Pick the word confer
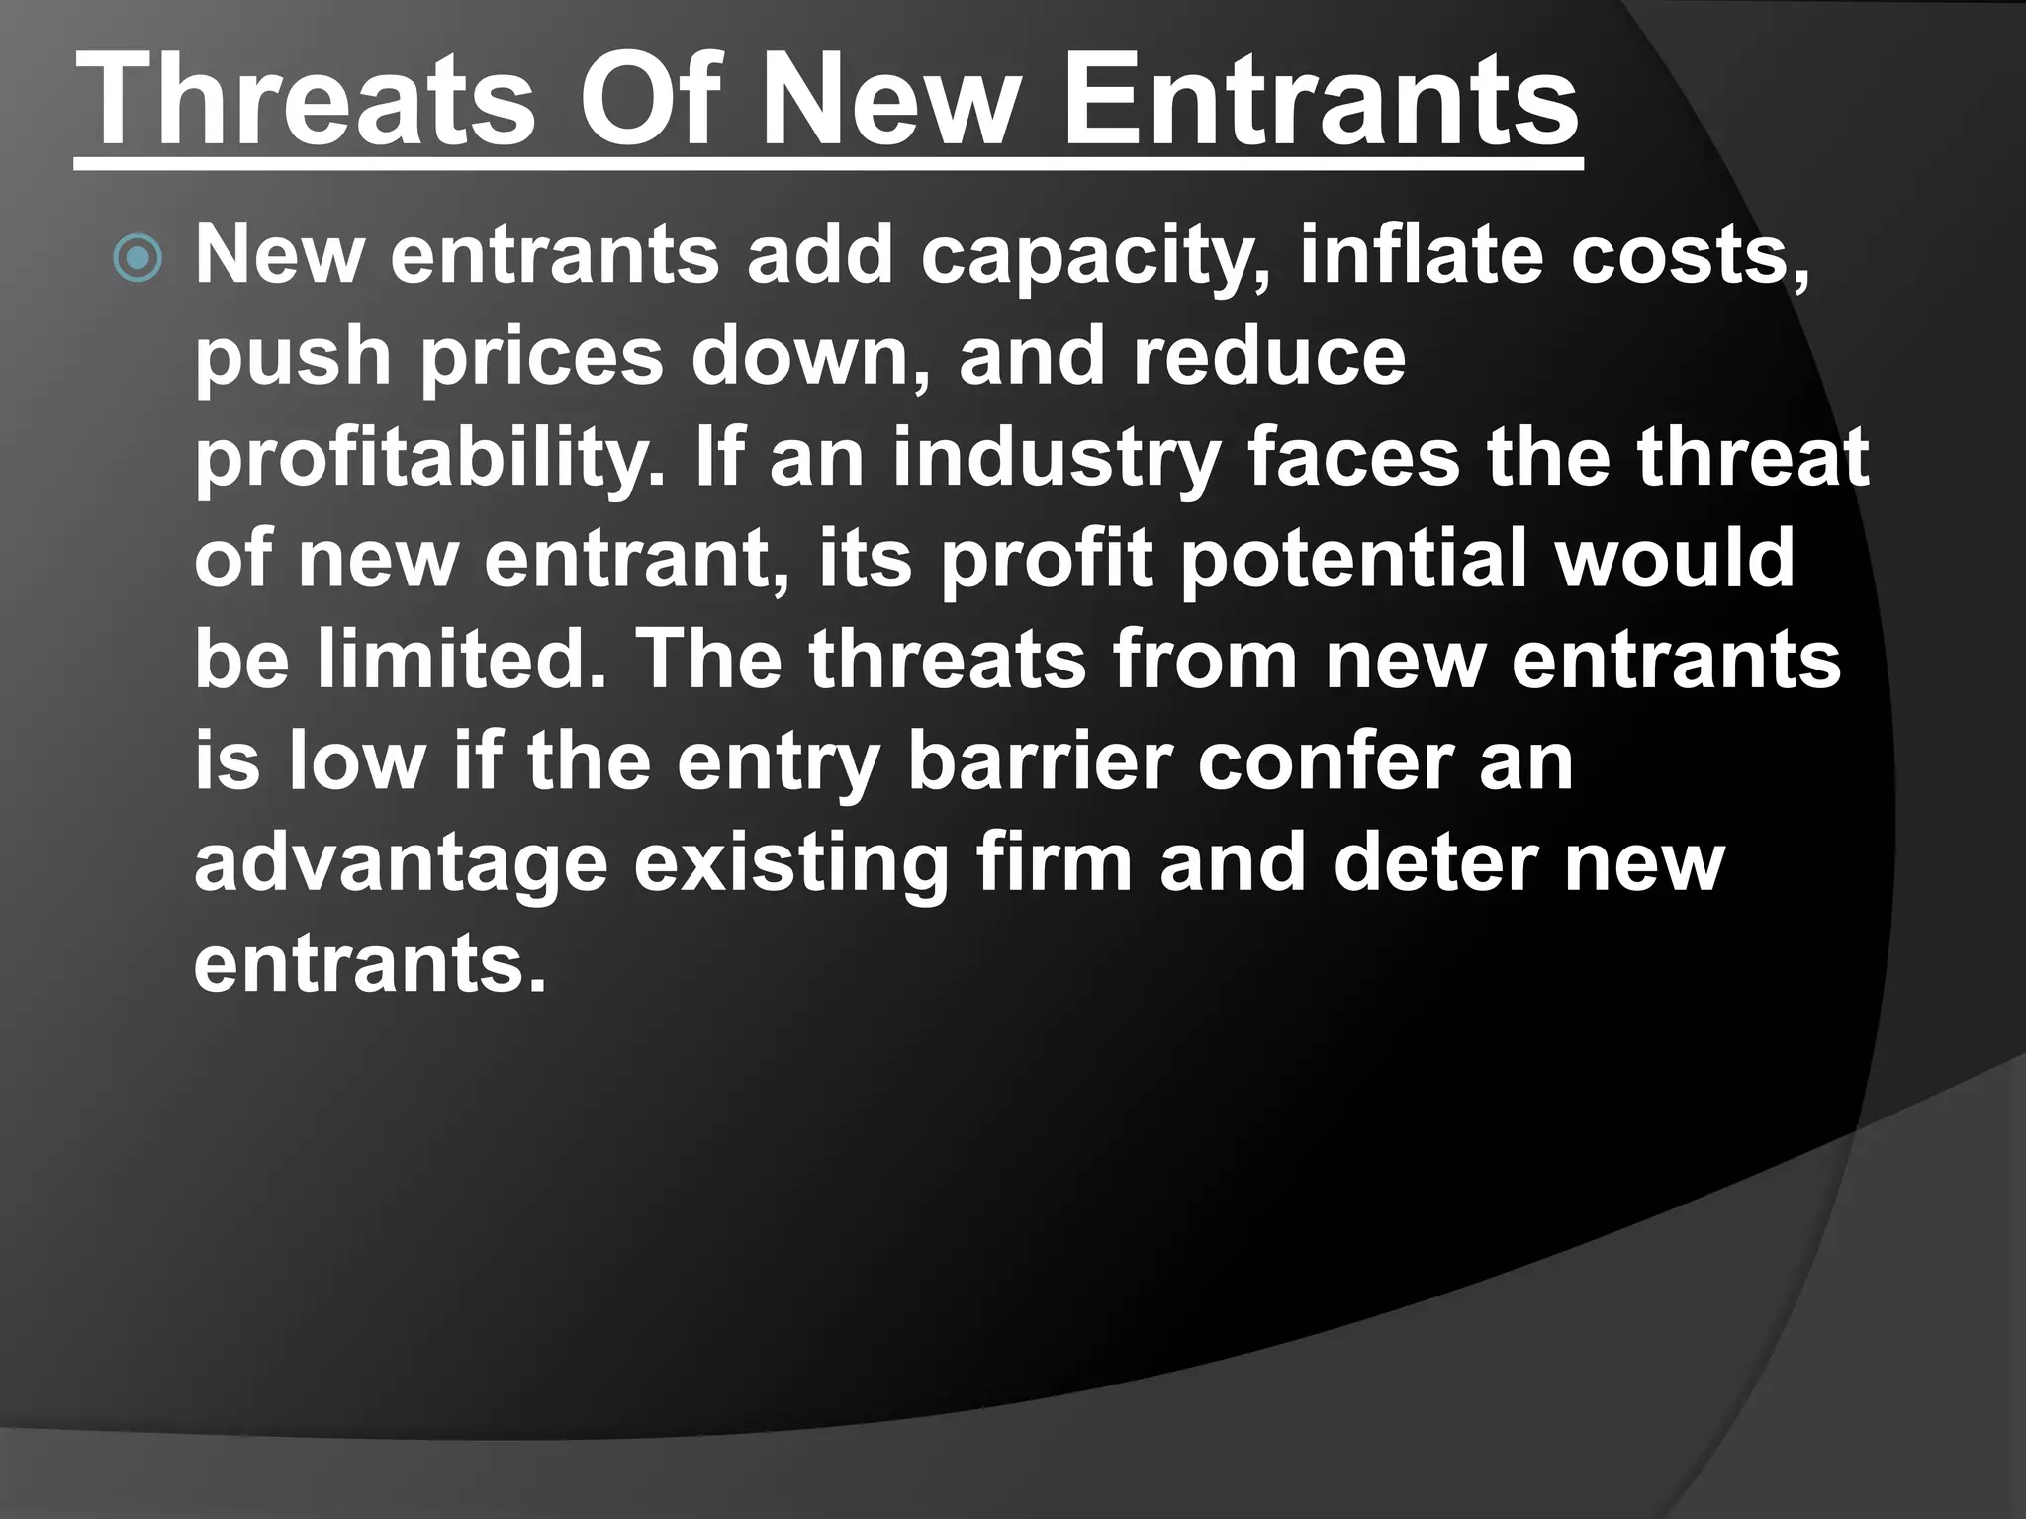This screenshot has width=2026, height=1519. [1325, 761]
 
